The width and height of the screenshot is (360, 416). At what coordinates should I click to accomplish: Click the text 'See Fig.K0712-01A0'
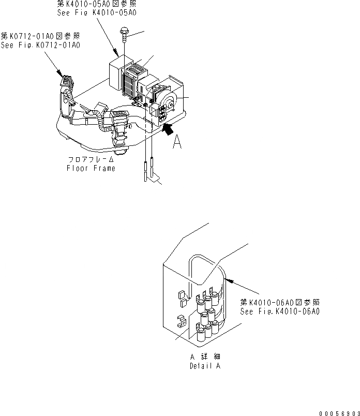[40, 46]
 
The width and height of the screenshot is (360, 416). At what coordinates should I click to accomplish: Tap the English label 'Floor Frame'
[91, 168]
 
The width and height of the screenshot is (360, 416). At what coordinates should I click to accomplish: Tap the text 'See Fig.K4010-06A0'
[280, 311]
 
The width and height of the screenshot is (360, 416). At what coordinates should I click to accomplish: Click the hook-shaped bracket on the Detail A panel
[182, 322]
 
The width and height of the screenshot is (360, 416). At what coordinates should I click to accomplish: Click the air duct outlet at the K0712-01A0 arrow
[66, 82]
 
